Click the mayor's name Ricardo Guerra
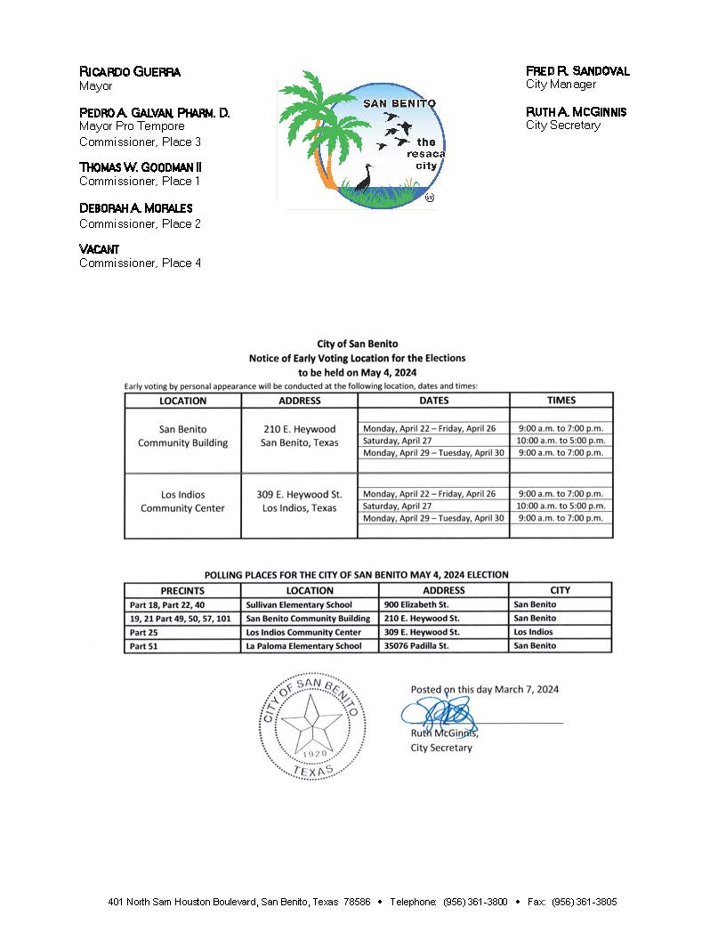coord(130,71)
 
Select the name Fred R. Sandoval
coord(577,70)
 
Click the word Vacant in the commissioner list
coord(99,249)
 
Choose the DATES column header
coord(433,401)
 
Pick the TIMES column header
coord(561,401)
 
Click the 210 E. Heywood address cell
coord(299,436)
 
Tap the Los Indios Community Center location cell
coord(182,501)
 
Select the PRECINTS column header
coord(182,590)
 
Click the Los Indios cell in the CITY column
coord(533,632)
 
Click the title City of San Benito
coord(358,344)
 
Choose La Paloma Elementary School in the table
coord(303,646)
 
